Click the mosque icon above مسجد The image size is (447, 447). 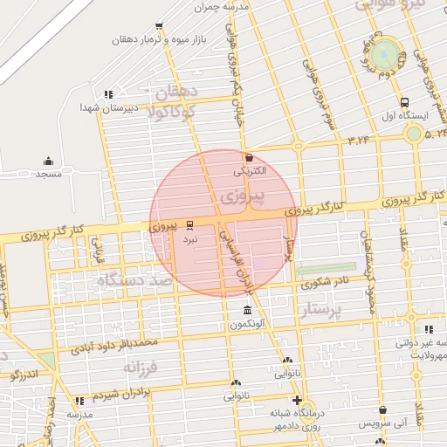(x=48, y=161)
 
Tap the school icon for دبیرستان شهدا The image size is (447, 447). (x=108, y=94)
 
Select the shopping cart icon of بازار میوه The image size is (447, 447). (x=158, y=27)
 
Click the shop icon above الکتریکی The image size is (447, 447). (x=251, y=158)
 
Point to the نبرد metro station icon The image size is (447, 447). (x=190, y=224)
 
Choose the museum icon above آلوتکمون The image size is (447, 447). (x=249, y=311)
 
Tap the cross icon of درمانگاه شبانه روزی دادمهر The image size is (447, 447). (x=298, y=400)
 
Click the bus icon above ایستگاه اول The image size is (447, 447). (x=403, y=101)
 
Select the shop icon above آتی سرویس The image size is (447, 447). (x=361, y=423)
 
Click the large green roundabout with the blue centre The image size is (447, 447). (x=382, y=56)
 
